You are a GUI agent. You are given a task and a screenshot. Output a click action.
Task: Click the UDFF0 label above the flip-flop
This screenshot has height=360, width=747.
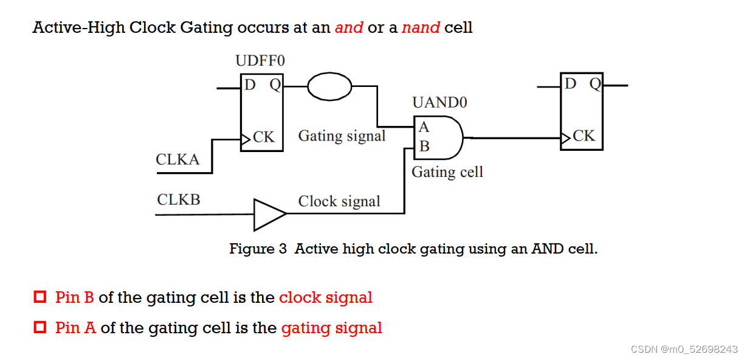click(260, 61)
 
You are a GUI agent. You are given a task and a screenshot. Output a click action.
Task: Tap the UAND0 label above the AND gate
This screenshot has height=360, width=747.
click(439, 102)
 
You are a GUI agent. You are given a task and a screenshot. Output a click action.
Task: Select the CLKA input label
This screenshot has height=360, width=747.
click(177, 160)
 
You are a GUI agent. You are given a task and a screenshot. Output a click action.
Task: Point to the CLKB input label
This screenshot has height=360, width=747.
click(178, 199)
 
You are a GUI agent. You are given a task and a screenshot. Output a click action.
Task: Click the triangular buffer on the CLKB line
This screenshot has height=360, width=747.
click(267, 214)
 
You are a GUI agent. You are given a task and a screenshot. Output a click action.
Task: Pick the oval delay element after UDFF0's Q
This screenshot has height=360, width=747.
click(329, 86)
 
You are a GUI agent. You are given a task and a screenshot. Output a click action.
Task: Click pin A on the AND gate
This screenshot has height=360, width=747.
click(424, 127)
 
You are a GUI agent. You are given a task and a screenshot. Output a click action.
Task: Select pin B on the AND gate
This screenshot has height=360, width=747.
click(424, 146)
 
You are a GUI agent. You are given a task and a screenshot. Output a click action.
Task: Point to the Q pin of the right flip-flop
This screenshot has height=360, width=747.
click(594, 84)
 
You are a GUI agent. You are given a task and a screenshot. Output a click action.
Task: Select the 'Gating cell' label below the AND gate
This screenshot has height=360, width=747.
click(447, 172)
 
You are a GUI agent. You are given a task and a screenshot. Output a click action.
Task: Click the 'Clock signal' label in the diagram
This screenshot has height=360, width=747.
click(339, 201)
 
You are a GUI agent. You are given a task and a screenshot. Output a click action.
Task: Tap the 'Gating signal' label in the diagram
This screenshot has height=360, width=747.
click(342, 136)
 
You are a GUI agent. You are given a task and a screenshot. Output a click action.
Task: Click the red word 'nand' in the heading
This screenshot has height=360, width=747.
click(421, 28)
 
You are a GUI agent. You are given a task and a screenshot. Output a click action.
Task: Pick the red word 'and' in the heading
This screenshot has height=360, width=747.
click(349, 28)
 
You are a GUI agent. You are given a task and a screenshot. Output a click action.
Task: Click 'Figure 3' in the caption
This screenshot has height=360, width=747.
click(258, 249)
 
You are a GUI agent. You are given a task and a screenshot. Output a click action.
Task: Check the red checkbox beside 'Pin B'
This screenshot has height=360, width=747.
click(40, 297)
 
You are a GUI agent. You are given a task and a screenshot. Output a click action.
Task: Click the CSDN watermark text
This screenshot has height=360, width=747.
click(684, 349)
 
